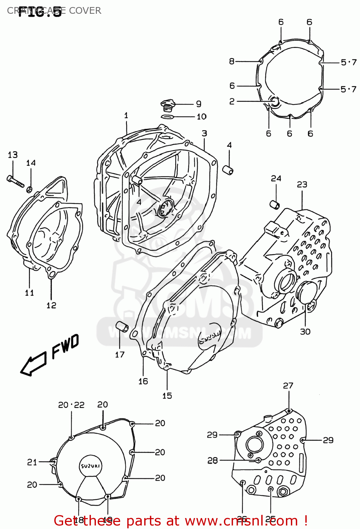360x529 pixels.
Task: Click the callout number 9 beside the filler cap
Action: click(x=199, y=104)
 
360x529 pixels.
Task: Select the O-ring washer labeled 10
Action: click(x=167, y=117)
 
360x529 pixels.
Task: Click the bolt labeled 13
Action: click(x=15, y=181)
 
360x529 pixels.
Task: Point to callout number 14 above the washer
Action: click(x=31, y=163)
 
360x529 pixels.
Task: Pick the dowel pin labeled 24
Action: click(x=275, y=204)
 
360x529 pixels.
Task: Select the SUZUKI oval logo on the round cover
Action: click(x=91, y=466)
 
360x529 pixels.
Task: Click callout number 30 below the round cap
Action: click(x=305, y=332)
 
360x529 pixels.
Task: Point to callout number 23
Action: click(x=302, y=184)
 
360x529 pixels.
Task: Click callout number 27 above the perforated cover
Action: click(x=288, y=385)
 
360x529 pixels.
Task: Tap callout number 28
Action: click(x=212, y=460)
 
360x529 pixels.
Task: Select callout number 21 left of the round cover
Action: click(x=32, y=462)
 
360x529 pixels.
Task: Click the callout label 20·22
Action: click(x=71, y=405)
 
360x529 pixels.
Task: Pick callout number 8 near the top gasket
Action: click(x=232, y=61)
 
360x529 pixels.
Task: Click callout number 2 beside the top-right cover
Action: click(x=232, y=101)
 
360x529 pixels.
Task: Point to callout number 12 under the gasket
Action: click(x=51, y=305)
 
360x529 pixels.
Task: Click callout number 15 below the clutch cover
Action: click(x=167, y=396)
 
